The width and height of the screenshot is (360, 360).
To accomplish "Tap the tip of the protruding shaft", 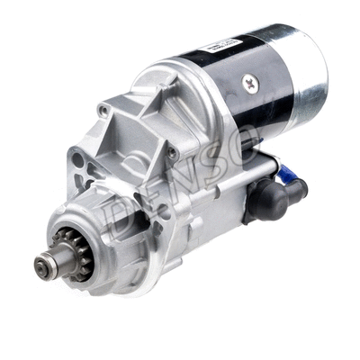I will tap(41, 265).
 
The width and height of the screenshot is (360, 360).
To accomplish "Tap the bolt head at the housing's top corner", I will tap(105, 111).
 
